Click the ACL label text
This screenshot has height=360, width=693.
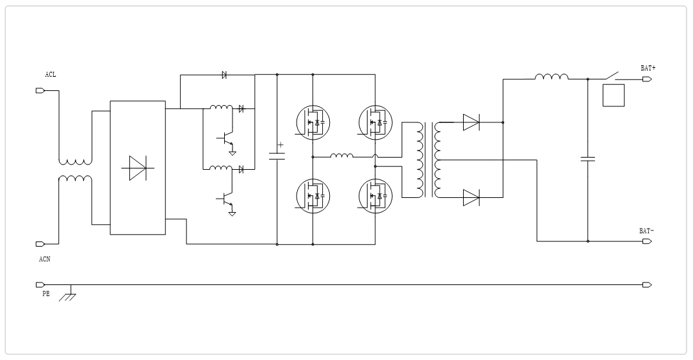50,75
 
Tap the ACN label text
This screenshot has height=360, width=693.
44,259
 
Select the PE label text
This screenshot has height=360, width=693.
45,293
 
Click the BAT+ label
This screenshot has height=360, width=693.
648,68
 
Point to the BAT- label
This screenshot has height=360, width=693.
646,231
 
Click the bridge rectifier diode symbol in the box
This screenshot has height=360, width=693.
138,168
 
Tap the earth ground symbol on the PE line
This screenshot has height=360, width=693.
68,296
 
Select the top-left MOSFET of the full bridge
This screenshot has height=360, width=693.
313,122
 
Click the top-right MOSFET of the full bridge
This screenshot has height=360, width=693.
375,122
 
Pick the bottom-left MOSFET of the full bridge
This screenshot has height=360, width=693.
313,195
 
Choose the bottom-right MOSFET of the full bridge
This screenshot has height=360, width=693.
375,195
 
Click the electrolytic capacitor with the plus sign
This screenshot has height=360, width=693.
277,156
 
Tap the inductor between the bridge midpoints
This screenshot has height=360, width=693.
342,155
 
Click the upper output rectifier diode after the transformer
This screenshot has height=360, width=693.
471,122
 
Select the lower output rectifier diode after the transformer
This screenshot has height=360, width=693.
471,197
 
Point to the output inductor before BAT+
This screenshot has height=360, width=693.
551,78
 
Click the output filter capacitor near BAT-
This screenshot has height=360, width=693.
588,158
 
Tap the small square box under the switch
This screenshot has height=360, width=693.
614,95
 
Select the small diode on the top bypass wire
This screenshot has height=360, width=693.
224,75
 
